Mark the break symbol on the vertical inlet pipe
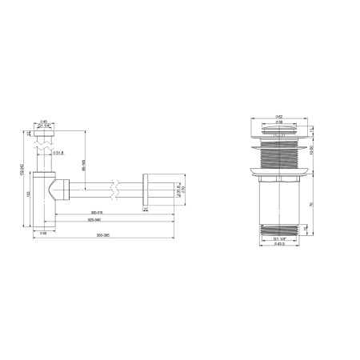(x=44, y=149)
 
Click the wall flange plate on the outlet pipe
(x=146, y=189)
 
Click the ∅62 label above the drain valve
(x=277, y=116)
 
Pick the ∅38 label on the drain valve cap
(x=277, y=123)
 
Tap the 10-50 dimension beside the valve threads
(x=322, y=150)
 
